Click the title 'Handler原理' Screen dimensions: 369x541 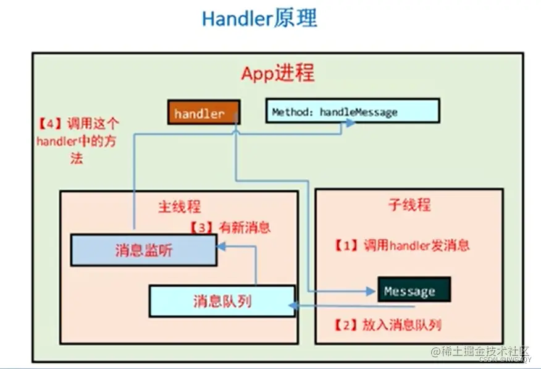[259, 19]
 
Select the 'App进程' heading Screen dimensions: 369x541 [277, 73]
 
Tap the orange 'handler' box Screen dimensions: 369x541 [204, 112]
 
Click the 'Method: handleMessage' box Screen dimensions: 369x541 [352, 111]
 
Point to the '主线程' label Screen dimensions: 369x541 [178, 206]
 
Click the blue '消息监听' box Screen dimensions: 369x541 [143, 250]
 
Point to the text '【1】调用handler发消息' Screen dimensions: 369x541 [402, 245]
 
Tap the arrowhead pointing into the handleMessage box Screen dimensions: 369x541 [350, 123]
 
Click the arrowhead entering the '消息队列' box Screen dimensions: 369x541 [296, 307]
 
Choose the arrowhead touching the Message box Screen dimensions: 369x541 [373, 291]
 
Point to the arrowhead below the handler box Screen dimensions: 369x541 [236, 128]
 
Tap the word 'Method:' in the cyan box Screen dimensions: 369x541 [292, 112]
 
